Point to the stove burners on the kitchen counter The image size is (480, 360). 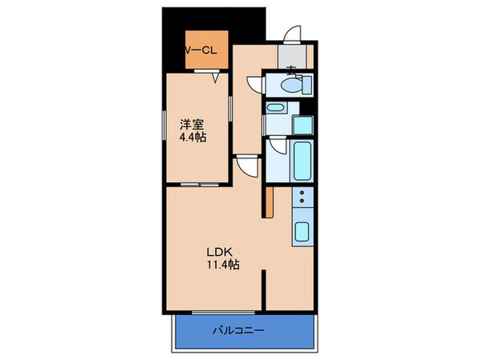302,199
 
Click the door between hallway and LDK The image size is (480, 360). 248,167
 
